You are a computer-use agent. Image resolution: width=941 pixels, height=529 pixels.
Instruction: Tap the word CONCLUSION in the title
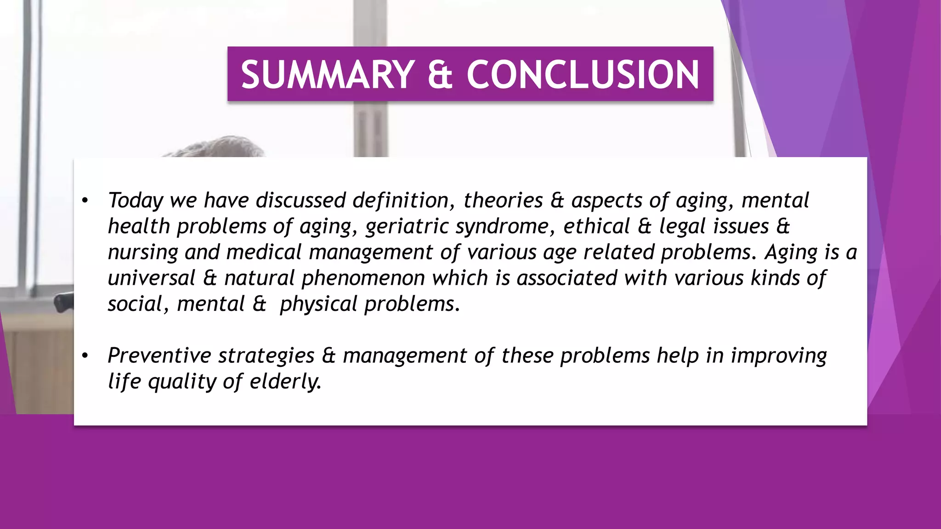[x=583, y=75]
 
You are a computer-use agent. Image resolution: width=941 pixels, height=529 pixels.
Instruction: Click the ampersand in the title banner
[x=440, y=75]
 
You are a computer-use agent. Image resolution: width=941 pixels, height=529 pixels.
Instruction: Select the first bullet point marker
[x=85, y=201]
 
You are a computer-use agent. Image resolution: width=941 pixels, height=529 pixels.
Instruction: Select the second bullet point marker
[x=85, y=356]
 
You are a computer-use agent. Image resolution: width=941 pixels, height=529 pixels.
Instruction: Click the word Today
[x=136, y=201]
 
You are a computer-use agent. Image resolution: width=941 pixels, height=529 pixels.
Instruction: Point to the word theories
[x=503, y=201]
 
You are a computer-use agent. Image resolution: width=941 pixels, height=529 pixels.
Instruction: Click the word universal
[x=152, y=278]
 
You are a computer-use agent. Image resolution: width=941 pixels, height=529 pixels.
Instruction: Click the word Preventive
[x=159, y=356]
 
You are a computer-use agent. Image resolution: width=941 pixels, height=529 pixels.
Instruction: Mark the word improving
[x=779, y=356]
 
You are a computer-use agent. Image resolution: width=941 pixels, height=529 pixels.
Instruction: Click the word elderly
[x=285, y=382]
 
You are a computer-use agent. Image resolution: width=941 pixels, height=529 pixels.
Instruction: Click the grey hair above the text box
[x=221, y=147]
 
